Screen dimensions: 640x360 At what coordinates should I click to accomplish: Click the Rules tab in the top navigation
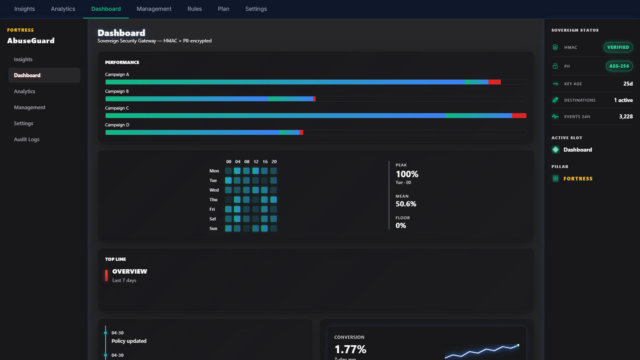[194, 9]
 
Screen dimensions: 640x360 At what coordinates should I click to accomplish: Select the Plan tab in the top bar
[224, 9]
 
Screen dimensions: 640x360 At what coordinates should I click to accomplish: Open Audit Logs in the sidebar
[26, 140]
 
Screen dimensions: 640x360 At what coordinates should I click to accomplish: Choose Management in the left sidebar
[30, 108]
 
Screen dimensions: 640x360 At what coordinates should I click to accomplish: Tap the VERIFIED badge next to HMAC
[618, 47]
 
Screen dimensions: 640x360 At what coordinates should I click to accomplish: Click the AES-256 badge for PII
[619, 66]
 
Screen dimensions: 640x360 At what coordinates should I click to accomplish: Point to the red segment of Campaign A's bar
[494, 82]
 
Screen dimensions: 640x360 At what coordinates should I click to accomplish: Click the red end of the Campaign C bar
[519, 116]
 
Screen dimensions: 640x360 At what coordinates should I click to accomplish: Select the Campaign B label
[117, 92]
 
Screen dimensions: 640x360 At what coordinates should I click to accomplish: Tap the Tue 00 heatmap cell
[228, 180]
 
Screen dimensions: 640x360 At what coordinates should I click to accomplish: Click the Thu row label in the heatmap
[214, 200]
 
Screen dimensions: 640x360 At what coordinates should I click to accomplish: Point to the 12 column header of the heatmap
[256, 162]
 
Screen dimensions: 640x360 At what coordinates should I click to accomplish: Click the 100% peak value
[407, 174]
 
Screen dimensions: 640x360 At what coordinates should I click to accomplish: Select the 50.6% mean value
[406, 204]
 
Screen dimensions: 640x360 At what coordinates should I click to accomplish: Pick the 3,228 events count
[626, 116]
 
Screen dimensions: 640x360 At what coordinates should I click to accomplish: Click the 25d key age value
[628, 84]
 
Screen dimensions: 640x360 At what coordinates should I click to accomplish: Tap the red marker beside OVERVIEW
[106, 276]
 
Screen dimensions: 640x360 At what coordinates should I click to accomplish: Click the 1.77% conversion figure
[350, 350]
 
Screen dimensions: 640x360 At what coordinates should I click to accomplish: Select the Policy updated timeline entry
[129, 341]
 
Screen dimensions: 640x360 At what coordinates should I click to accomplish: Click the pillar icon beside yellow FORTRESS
[556, 178]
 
